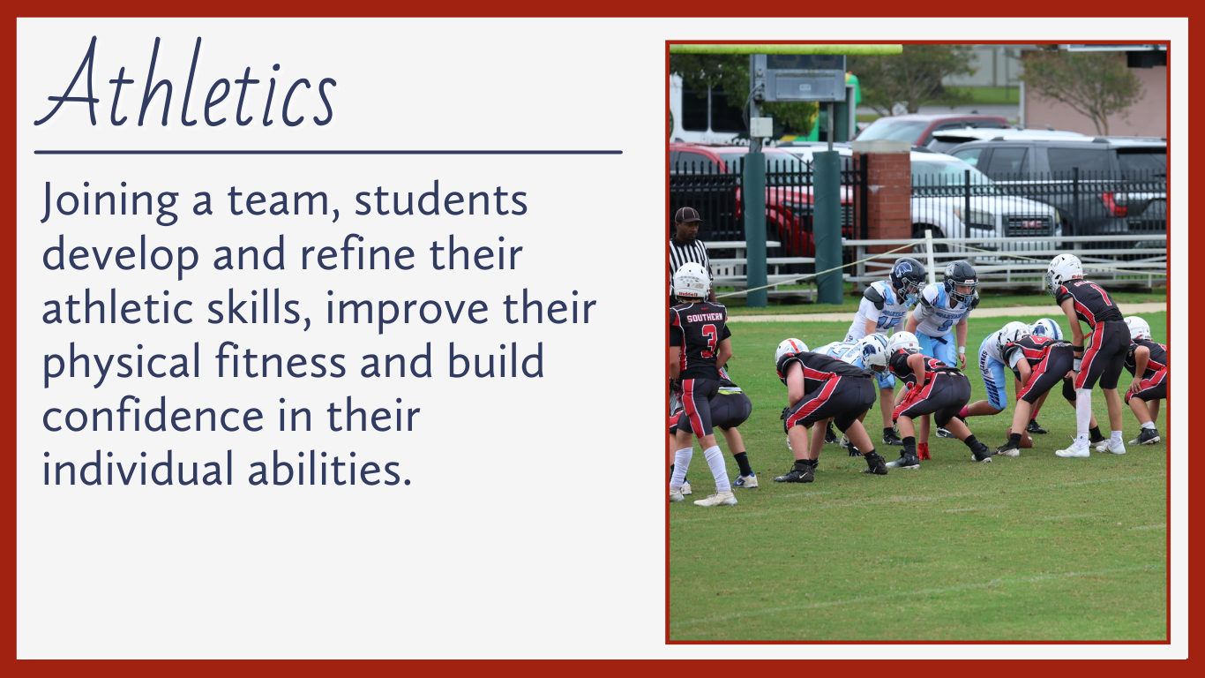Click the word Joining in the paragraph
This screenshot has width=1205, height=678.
point(109,201)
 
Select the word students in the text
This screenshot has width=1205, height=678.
point(440,200)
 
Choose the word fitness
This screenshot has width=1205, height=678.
point(281,361)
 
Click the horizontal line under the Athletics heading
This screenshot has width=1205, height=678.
point(328,153)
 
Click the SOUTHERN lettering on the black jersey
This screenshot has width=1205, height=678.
point(704,318)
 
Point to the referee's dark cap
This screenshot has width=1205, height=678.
point(687,215)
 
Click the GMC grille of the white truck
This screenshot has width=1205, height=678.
point(1029,227)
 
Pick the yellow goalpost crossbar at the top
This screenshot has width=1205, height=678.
point(785,49)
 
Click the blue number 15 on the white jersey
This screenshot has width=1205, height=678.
point(887,323)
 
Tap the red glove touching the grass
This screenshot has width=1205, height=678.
point(924,451)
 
